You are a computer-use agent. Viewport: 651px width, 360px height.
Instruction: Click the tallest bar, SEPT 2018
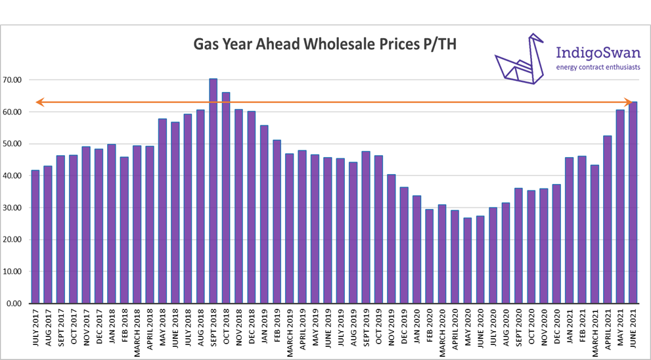pos(213,191)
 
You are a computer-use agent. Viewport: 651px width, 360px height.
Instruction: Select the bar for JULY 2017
pos(35,236)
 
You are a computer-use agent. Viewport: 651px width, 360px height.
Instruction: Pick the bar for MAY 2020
pos(468,260)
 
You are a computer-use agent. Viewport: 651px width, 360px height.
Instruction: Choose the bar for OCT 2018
pos(226,197)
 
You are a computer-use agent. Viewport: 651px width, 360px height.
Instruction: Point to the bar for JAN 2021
pos(570,230)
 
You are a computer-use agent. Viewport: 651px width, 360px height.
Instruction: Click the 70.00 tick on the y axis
pos(13,80)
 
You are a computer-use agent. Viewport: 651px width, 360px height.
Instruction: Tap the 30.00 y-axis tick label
pos(13,208)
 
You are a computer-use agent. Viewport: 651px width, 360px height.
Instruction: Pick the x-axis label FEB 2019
pos(277,331)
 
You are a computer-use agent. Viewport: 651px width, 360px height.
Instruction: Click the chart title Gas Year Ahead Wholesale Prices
pos(325,45)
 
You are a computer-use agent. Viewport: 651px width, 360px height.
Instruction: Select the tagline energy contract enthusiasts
pos(598,67)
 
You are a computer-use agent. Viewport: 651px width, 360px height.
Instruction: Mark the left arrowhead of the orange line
pos(39,102)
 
